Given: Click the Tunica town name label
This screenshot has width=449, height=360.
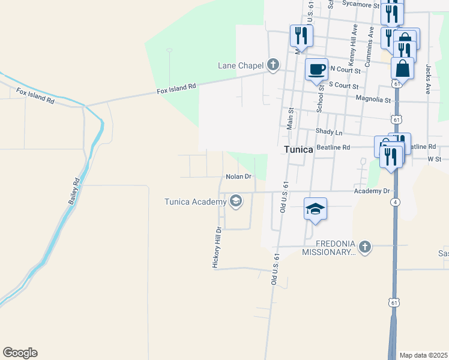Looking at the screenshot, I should pyautogui.click(x=298, y=149).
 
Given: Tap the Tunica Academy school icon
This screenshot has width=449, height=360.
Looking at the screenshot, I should pyautogui.click(x=236, y=201).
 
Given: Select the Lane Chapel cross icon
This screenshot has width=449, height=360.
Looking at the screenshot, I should pyautogui.click(x=273, y=65).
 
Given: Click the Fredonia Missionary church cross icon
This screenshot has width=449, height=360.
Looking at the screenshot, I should pyautogui.click(x=364, y=246).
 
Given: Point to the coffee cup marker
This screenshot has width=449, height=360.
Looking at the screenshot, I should pyautogui.click(x=316, y=68).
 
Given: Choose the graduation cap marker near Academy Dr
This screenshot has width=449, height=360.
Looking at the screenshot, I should pyautogui.click(x=315, y=209).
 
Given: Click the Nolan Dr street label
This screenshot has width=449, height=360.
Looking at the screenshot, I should pyautogui.click(x=238, y=177).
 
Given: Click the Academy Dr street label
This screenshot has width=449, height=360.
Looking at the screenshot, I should pyautogui.click(x=372, y=191).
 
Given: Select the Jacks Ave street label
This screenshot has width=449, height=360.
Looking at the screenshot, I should pyautogui.click(x=429, y=79).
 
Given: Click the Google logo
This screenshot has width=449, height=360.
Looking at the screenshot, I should pyautogui.click(x=20, y=353).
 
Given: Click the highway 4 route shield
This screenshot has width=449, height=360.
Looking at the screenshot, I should pyautogui.click(x=395, y=202).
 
